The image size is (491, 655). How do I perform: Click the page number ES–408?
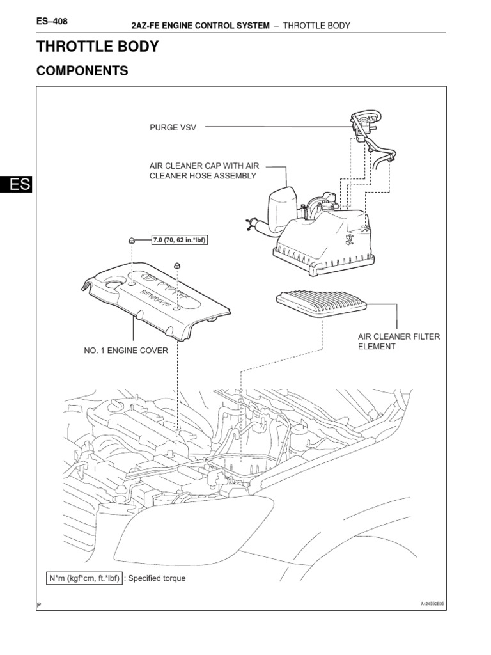52,21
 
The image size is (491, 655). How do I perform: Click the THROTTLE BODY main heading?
97,47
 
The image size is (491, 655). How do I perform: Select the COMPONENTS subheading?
82,71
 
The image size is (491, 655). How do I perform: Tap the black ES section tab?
15,184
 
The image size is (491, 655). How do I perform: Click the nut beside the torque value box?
131,240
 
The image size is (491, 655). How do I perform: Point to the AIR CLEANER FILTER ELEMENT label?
398,342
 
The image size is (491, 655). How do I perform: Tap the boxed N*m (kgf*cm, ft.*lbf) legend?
84,578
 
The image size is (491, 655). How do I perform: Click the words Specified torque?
156,578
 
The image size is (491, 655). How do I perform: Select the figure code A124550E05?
432,603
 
